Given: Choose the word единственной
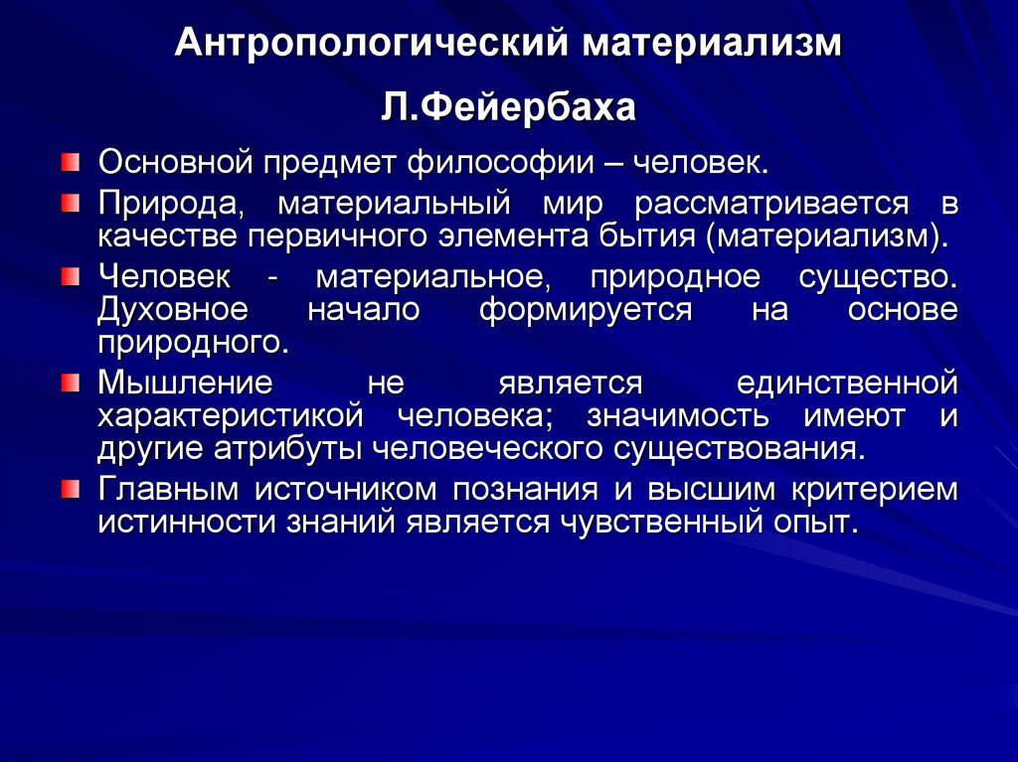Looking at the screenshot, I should click(847, 381).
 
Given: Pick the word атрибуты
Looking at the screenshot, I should click(289, 447).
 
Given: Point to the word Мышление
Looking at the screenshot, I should click(184, 381).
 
